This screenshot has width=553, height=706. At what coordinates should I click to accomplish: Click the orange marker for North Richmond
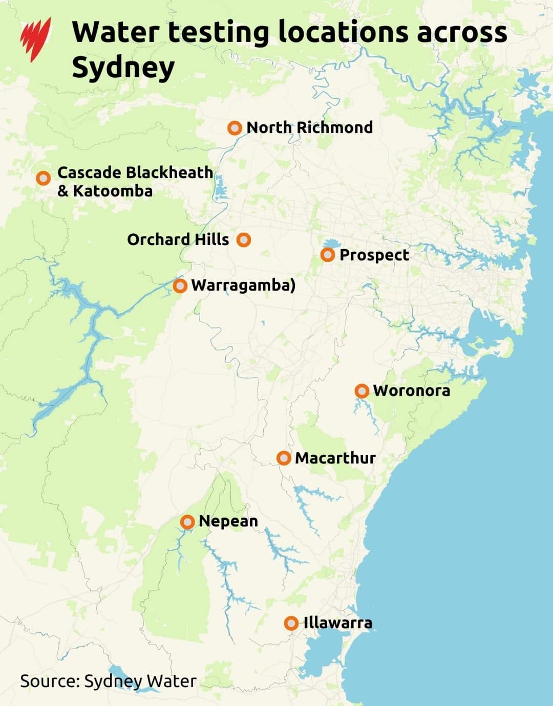235,128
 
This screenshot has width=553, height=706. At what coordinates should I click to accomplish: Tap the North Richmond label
309,127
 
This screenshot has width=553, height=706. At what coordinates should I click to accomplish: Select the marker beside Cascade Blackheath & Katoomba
44,178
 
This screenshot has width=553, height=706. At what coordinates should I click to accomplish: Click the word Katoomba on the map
113,191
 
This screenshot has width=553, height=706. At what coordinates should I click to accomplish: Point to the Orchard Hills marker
244,239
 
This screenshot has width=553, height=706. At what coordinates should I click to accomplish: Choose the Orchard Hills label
178,239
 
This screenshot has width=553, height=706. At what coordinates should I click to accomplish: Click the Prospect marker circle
328,254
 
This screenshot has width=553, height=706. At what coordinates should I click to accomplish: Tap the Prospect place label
374,255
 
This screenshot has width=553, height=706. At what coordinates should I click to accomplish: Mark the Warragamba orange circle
180,285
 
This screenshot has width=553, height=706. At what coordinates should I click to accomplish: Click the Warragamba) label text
243,285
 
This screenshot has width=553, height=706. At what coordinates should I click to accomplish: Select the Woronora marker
362,391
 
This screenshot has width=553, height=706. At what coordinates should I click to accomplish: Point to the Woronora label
412,391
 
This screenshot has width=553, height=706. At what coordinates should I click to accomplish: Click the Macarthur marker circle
284,458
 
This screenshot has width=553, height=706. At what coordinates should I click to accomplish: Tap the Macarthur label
335,458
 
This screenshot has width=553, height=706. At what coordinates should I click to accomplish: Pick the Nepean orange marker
188,522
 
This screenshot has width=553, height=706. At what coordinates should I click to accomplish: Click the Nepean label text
228,521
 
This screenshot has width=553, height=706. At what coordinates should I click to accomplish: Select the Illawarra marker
291,623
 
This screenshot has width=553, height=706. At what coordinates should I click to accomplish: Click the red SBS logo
36,39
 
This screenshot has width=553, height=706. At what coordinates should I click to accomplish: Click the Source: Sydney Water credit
108,681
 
